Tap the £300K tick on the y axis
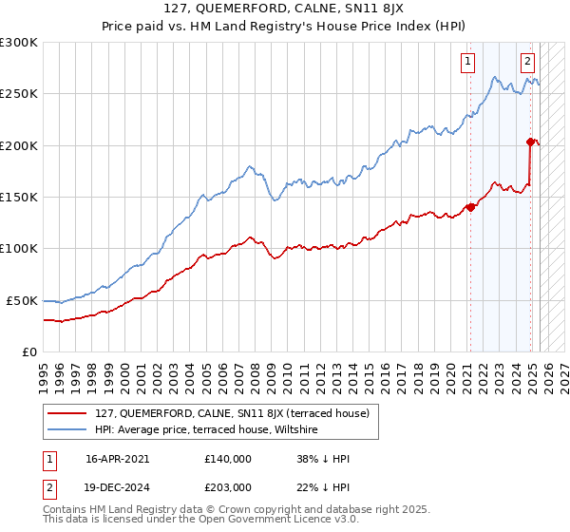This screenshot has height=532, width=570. coord(19,43)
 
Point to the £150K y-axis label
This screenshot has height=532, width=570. coord(19,197)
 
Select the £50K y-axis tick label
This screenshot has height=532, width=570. coord(23,300)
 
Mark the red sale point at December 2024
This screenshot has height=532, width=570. coord(530,142)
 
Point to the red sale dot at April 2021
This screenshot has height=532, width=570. coord(470,207)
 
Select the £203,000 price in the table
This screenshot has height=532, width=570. coord(228,486)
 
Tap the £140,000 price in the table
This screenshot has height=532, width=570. coord(228,459)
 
